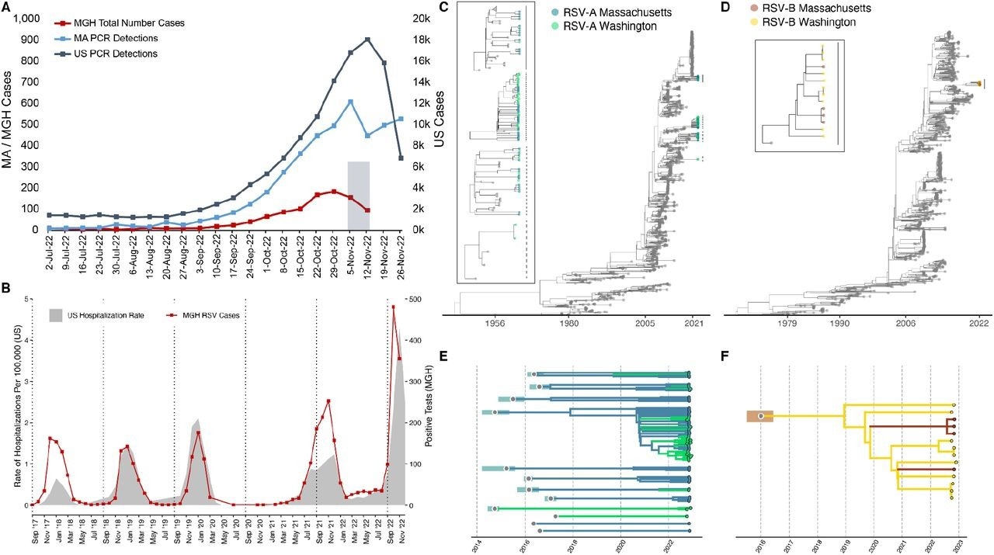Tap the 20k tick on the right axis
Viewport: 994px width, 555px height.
(421, 18)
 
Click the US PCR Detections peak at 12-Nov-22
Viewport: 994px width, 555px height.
(367, 40)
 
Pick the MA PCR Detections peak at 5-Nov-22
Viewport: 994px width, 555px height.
(351, 102)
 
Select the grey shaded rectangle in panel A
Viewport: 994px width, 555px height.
(358, 195)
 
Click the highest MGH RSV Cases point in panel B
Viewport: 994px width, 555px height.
(394, 307)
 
